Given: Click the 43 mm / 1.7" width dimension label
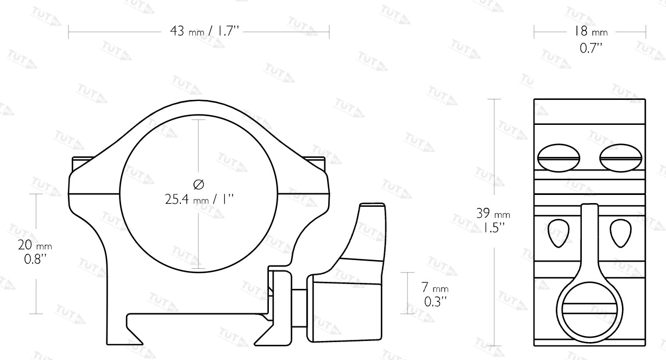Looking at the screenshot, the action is [x=204, y=31].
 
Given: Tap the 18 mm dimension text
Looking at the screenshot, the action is [x=590, y=31].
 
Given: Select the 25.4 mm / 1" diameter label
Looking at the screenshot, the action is [x=199, y=199].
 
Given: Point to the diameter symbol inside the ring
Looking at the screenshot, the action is [x=199, y=184].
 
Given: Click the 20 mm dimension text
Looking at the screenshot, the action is [x=35, y=245].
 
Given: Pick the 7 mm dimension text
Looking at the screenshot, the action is [x=435, y=287].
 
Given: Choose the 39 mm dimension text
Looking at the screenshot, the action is [x=493, y=213].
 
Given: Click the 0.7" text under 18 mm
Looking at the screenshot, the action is [x=591, y=48].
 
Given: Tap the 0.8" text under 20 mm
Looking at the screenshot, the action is [x=35, y=259].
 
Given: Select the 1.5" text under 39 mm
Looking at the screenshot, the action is [x=493, y=228].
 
